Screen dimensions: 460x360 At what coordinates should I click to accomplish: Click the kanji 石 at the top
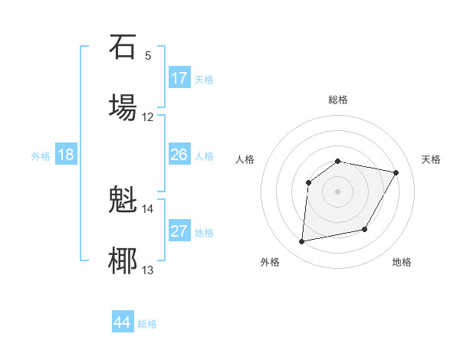(x=123, y=47)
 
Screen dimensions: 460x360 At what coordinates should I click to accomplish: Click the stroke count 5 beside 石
(x=148, y=56)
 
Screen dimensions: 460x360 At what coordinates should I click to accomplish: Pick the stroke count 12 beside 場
(x=148, y=117)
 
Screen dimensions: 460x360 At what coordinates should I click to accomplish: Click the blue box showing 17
(x=179, y=78)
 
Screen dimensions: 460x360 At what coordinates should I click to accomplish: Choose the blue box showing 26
(x=179, y=155)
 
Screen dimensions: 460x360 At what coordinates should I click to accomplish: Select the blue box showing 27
(x=179, y=231)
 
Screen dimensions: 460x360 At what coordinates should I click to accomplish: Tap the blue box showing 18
(x=66, y=155)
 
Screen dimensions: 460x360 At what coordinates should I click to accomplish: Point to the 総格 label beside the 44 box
(x=147, y=324)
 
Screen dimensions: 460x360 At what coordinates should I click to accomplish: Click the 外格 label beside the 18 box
(x=41, y=155)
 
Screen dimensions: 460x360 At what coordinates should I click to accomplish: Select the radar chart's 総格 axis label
(x=338, y=100)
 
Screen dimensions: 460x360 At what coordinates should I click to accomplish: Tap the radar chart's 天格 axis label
(x=432, y=159)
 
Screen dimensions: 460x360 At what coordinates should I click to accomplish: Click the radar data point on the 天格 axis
(x=396, y=173)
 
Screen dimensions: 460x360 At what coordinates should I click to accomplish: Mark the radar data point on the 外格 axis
(x=302, y=242)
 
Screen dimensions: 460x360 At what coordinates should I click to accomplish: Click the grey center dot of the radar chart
(x=338, y=191)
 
